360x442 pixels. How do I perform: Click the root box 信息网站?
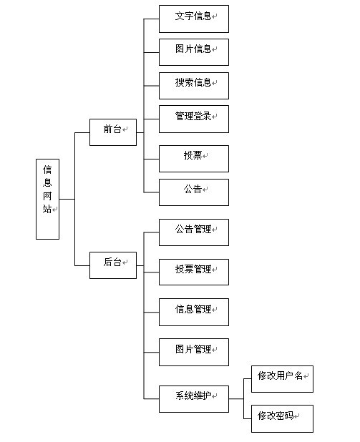[x=47, y=198]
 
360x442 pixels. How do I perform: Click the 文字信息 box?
[x=193, y=19]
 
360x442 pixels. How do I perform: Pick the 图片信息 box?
[x=193, y=51]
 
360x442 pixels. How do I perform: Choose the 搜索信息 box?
[x=193, y=85]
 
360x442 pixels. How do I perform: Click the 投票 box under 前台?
[x=193, y=158]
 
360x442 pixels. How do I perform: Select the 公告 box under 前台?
[x=193, y=192]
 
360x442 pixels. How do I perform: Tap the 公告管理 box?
[x=193, y=232]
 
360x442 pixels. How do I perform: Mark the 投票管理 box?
[x=193, y=272]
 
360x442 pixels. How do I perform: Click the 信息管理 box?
[x=193, y=312]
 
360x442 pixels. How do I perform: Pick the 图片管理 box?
[x=193, y=352]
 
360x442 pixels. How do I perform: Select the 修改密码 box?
[x=282, y=418]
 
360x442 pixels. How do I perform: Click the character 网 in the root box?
[x=47, y=195]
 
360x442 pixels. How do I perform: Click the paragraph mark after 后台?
[x=125, y=264]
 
